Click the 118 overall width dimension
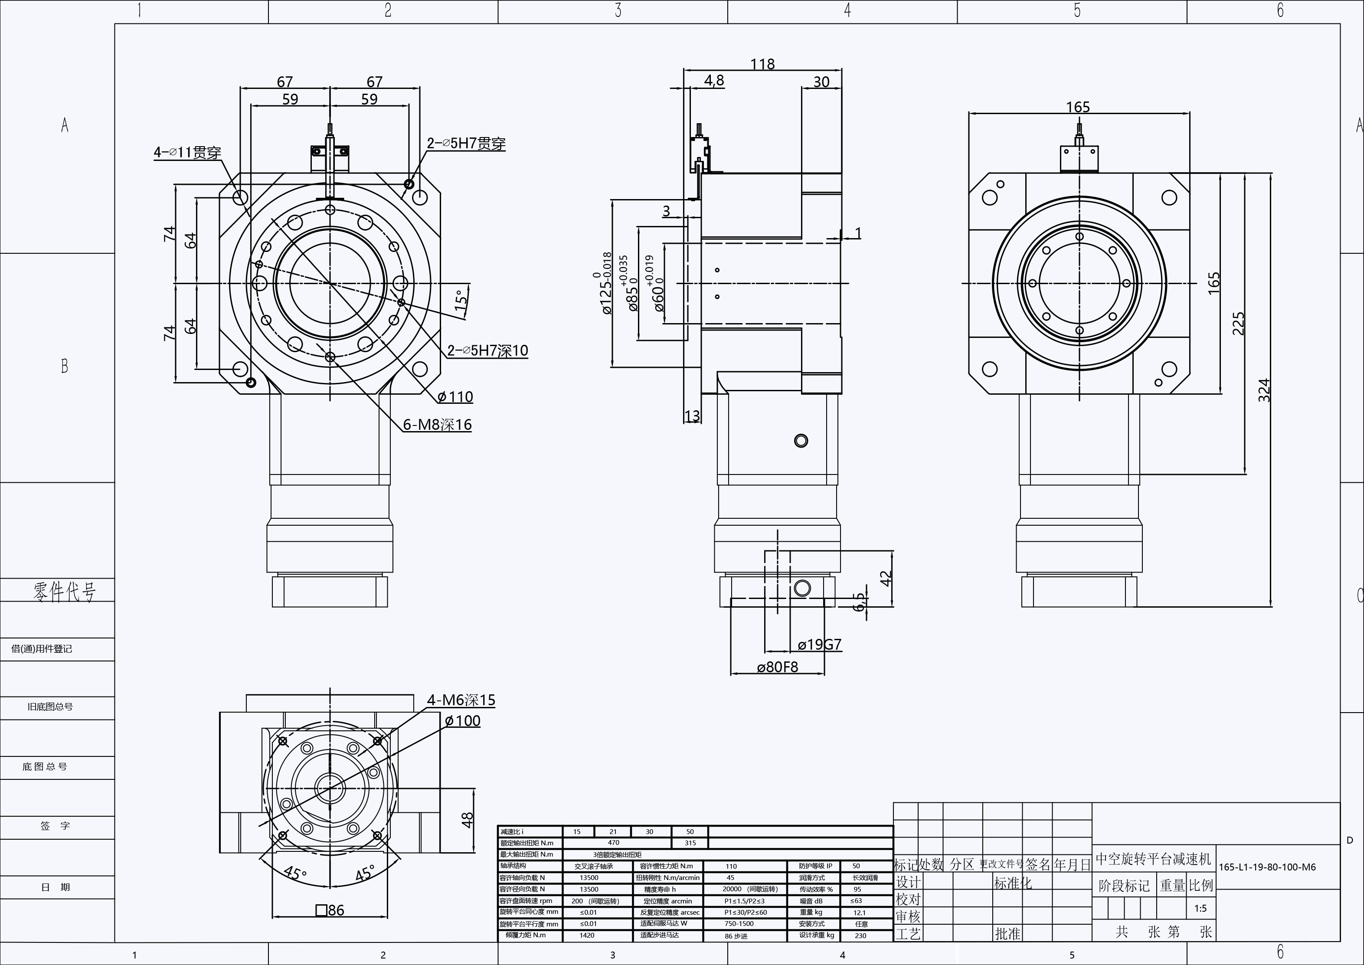pyautogui.click(x=762, y=64)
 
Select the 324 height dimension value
pyautogui.click(x=1264, y=390)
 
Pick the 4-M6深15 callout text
pyautogui.click(x=461, y=700)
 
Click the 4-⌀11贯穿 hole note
pyautogui.click(x=187, y=153)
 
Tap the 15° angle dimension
pyautogui.click(x=461, y=301)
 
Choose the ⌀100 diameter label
pyautogui.click(x=463, y=721)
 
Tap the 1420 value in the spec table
pyautogui.click(x=587, y=935)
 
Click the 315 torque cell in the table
pyautogui.click(x=690, y=843)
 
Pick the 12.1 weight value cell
pyautogui.click(x=859, y=913)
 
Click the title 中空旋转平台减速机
pyautogui.click(x=1152, y=859)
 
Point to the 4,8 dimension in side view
pyautogui.click(x=714, y=81)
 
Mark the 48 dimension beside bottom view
pyautogui.click(x=468, y=820)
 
